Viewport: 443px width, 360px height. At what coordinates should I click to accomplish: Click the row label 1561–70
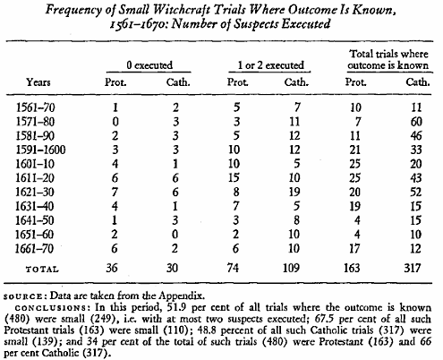(x=36, y=107)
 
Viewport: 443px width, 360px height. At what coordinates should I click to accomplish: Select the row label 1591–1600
(x=40, y=150)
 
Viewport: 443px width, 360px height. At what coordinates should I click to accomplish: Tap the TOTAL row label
(x=42, y=270)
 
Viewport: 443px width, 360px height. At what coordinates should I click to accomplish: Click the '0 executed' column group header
(x=149, y=65)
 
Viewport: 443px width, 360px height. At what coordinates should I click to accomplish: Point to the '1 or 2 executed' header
(x=270, y=65)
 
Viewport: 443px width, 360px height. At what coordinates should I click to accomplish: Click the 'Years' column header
(x=38, y=81)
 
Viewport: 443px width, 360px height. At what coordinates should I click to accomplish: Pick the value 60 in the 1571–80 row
(x=416, y=122)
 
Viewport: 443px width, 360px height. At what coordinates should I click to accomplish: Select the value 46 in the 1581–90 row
(x=416, y=135)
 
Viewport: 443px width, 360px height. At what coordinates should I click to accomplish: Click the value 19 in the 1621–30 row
(x=294, y=192)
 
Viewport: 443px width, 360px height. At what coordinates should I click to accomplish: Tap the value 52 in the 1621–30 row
(x=416, y=192)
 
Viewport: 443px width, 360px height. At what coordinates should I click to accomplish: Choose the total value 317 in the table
(x=413, y=268)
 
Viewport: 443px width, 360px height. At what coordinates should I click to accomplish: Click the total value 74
(x=233, y=268)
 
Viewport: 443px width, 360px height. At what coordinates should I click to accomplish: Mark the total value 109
(x=291, y=268)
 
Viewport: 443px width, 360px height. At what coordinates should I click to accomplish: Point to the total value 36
(x=112, y=268)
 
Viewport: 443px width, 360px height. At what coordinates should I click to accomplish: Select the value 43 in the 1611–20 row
(x=416, y=178)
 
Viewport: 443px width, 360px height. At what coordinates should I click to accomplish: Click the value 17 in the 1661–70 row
(x=354, y=248)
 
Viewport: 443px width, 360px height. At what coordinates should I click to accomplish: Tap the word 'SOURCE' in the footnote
(x=23, y=296)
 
